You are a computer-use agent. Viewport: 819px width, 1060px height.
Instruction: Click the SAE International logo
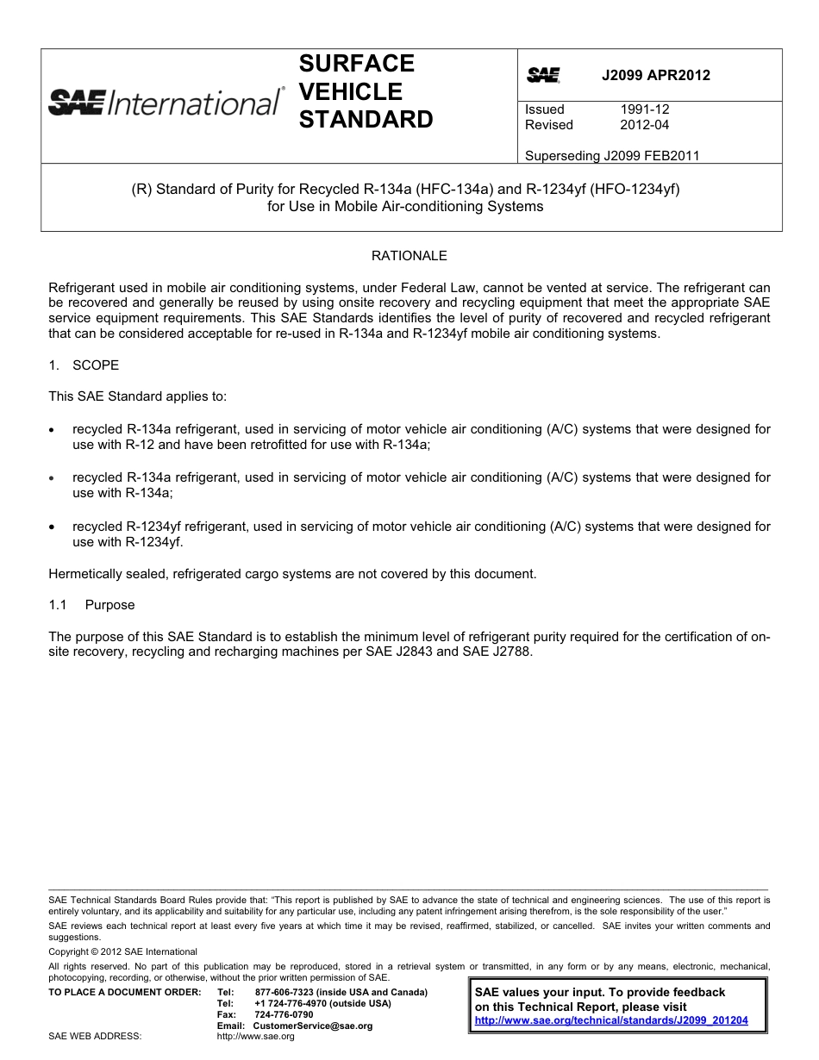click(165, 103)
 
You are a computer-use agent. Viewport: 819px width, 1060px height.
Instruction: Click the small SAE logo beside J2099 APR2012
click(543, 76)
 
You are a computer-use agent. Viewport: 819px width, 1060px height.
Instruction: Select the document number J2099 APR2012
click(655, 75)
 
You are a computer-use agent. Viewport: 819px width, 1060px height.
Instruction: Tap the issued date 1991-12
click(644, 109)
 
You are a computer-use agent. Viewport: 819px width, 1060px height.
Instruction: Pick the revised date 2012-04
click(644, 125)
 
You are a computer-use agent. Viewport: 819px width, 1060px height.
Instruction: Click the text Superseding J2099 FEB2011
click(612, 156)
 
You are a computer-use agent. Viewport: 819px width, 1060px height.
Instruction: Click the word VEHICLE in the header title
click(350, 91)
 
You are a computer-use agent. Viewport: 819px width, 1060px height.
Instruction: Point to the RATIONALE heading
click(409, 256)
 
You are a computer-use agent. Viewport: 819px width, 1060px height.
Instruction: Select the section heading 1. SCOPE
click(84, 365)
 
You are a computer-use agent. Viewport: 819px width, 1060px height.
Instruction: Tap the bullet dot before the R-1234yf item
click(53, 527)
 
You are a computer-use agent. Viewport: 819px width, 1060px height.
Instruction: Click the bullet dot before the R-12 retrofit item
click(53, 429)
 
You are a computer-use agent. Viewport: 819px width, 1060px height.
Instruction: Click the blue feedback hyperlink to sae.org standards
click(611, 1020)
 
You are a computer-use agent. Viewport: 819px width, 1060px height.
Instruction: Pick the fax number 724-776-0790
click(284, 1015)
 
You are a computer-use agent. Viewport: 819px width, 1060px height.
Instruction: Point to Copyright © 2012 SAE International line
click(122, 952)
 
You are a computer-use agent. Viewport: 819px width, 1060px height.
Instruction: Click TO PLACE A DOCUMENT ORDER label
click(124, 993)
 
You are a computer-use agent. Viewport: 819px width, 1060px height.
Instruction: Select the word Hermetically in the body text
click(84, 574)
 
